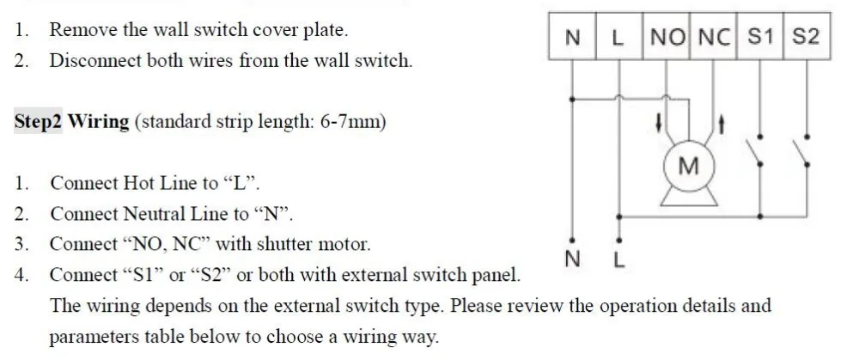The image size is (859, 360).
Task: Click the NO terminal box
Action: coord(666,36)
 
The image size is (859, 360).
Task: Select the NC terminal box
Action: coord(713,36)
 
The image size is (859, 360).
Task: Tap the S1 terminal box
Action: coord(760,36)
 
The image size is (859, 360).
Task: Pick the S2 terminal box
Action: coord(807,36)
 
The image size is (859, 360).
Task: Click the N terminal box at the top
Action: coord(572,36)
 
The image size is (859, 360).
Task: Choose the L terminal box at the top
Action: coord(619,36)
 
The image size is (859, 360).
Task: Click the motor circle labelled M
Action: coord(689,166)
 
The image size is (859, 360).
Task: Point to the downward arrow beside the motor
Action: coord(659,124)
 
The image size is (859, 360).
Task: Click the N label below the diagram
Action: coord(572,259)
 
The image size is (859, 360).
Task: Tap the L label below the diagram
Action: coord(618,259)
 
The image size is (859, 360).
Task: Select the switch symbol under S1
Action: coord(754,150)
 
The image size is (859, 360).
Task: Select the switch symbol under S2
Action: coord(801,150)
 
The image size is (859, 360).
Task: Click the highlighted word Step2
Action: coord(38,120)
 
